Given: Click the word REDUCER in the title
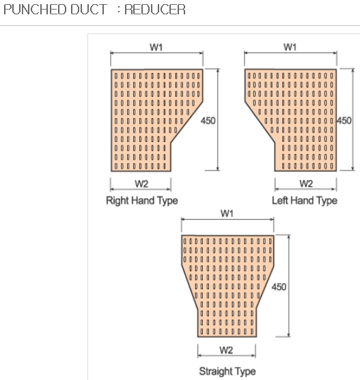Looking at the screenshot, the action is (155, 10).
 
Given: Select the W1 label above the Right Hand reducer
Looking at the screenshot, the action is (156, 47).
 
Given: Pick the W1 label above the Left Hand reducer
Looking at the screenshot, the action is (290, 47).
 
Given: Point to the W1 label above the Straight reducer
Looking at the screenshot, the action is (227, 214).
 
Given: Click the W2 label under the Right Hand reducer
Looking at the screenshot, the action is (141, 184).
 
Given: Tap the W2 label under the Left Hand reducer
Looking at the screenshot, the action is (306, 184).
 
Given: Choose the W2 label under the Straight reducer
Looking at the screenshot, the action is (226, 350).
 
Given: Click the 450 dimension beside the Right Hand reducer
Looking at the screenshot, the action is (208, 121).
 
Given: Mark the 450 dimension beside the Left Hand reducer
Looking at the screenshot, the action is (344, 121).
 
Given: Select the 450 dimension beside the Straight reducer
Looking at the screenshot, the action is (279, 287).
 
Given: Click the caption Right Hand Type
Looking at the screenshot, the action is (142, 201).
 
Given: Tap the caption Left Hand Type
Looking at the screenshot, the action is (305, 201).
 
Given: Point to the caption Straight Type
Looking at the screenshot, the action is (227, 371).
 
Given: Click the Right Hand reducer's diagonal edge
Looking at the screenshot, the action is (186, 122).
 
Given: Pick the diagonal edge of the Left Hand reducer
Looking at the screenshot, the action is (260, 122).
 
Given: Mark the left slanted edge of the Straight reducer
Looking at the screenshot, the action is (190, 287).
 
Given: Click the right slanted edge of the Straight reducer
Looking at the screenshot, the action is (265, 287).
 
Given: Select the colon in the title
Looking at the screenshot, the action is (119, 10).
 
